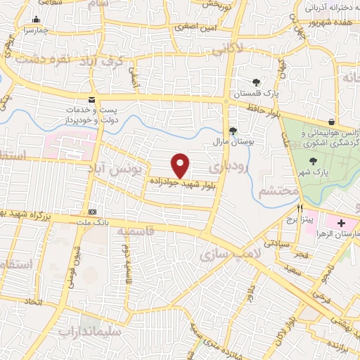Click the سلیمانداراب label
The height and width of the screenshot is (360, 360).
tap(91, 330)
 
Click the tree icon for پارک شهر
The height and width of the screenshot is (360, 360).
tap(312, 161)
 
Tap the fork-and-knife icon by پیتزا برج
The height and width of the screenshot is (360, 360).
tap(300, 208)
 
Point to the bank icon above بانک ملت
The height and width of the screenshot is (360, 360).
tap(91, 212)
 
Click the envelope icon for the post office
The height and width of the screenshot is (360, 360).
tap(91, 99)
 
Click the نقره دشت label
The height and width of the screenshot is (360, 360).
tap(46, 60)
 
